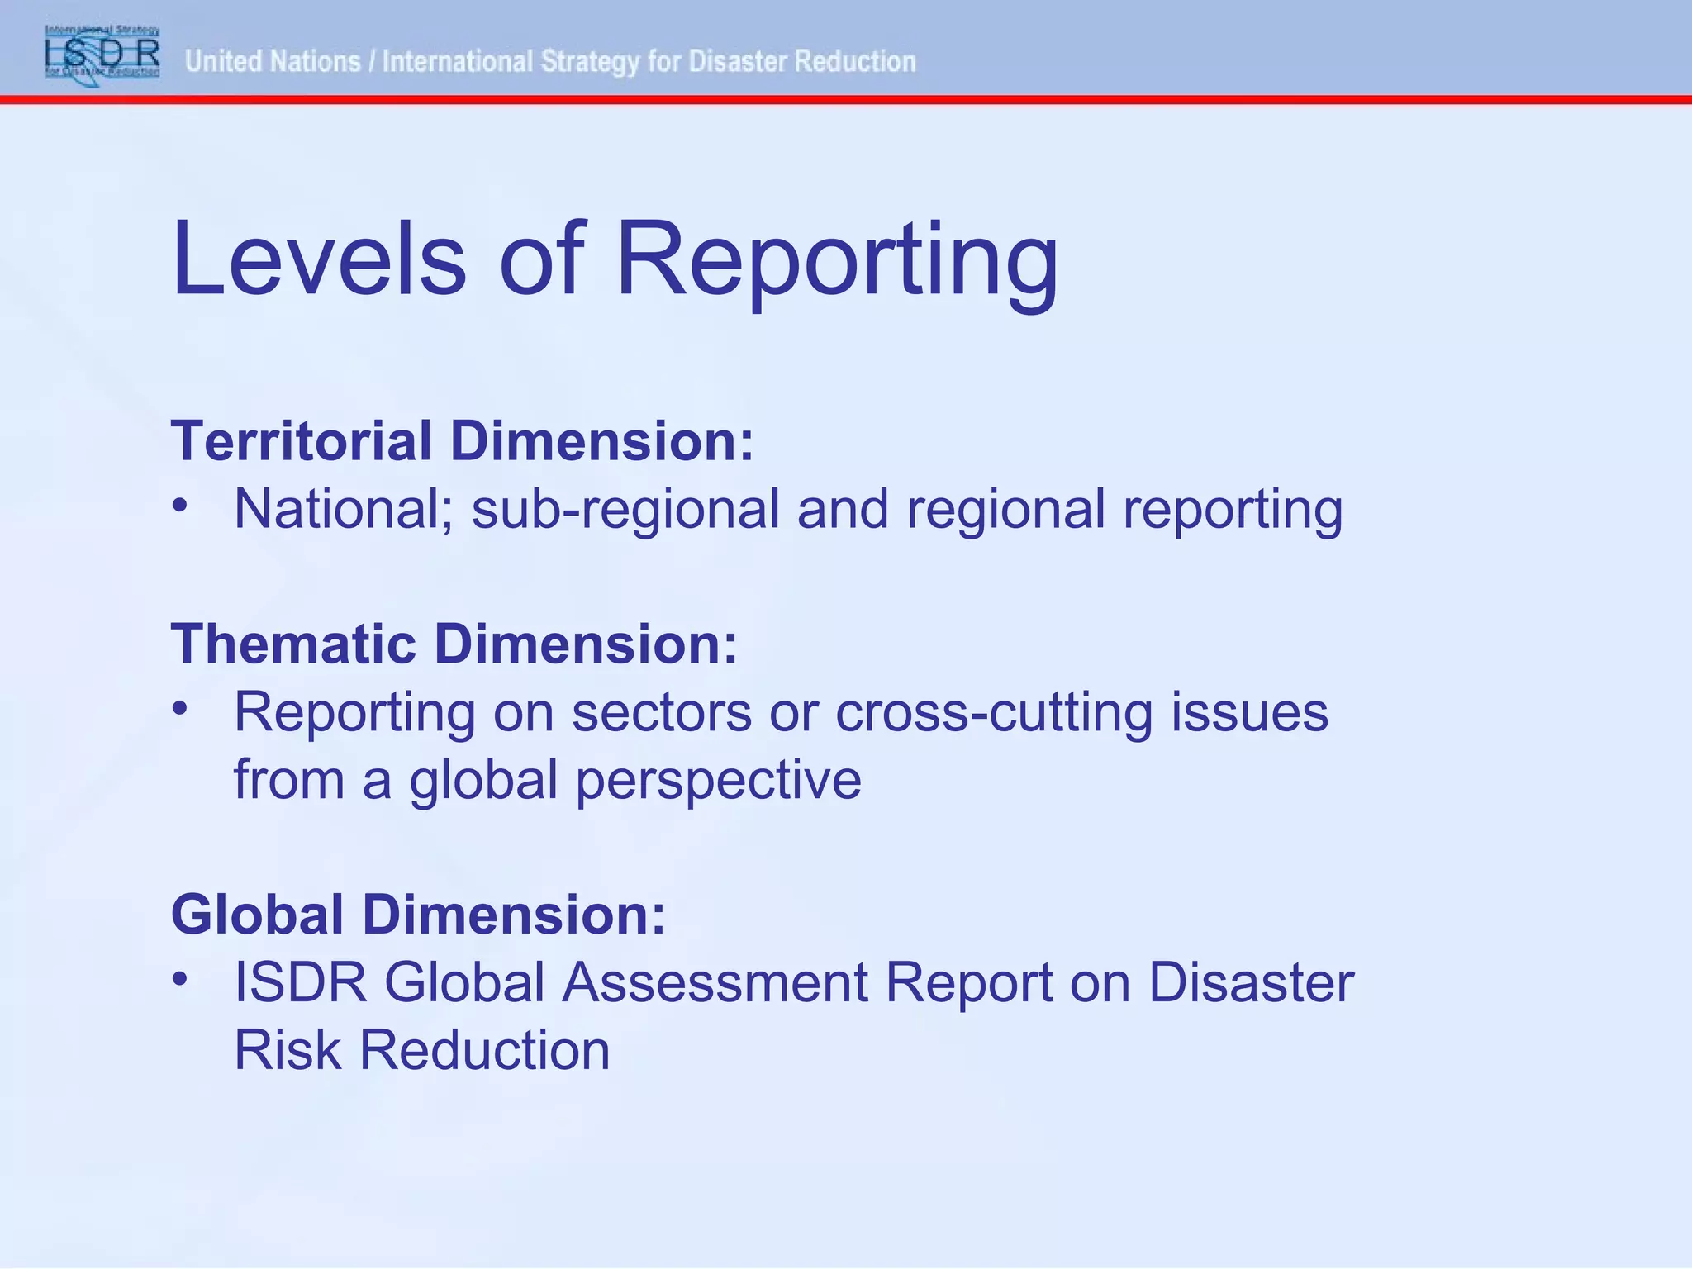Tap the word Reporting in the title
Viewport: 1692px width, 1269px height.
pos(837,263)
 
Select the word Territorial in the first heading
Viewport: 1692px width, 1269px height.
pos(302,441)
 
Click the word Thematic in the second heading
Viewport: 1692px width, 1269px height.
pos(293,644)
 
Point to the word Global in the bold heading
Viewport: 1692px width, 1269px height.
pos(257,915)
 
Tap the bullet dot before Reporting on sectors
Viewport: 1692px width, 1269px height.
pos(180,708)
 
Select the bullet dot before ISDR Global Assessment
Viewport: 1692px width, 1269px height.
pos(180,978)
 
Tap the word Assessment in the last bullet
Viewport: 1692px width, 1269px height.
pos(715,983)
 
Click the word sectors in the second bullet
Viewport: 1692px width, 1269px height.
pos(662,713)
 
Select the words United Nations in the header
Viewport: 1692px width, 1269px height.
pos(273,62)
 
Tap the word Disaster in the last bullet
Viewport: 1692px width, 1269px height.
pos(1251,983)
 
